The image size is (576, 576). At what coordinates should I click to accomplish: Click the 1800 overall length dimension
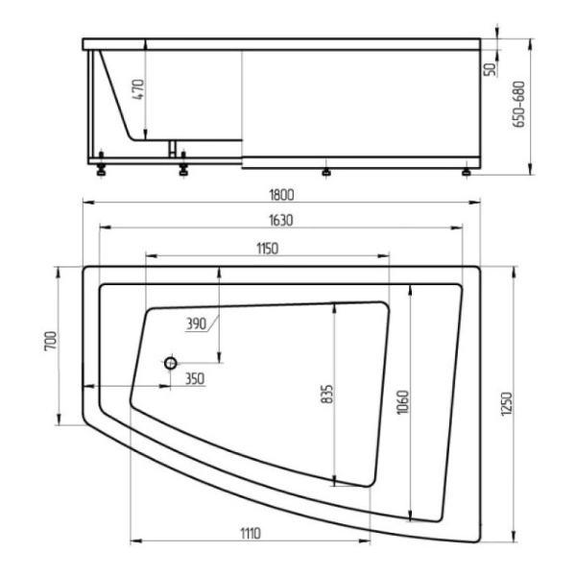pyautogui.click(x=281, y=195)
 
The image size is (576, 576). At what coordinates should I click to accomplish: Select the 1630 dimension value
pyautogui.click(x=281, y=220)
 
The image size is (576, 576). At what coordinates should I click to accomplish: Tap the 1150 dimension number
pyautogui.click(x=268, y=249)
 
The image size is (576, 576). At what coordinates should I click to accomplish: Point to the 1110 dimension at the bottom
pyautogui.click(x=251, y=533)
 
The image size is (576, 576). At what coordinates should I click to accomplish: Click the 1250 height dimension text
pyautogui.click(x=507, y=404)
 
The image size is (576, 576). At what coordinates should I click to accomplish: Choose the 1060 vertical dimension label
pyautogui.click(x=403, y=402)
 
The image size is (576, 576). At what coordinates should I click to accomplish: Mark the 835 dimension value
pyautogui.click(x=327, y=395)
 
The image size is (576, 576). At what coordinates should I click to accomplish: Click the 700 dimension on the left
pyautogui.click(x=51, y=341)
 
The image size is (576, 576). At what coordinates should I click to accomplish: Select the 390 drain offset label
pyautogui.click(x=197, y=324)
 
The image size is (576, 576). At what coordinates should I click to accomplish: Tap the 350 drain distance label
pyautogui.click(x=195, y=379)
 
